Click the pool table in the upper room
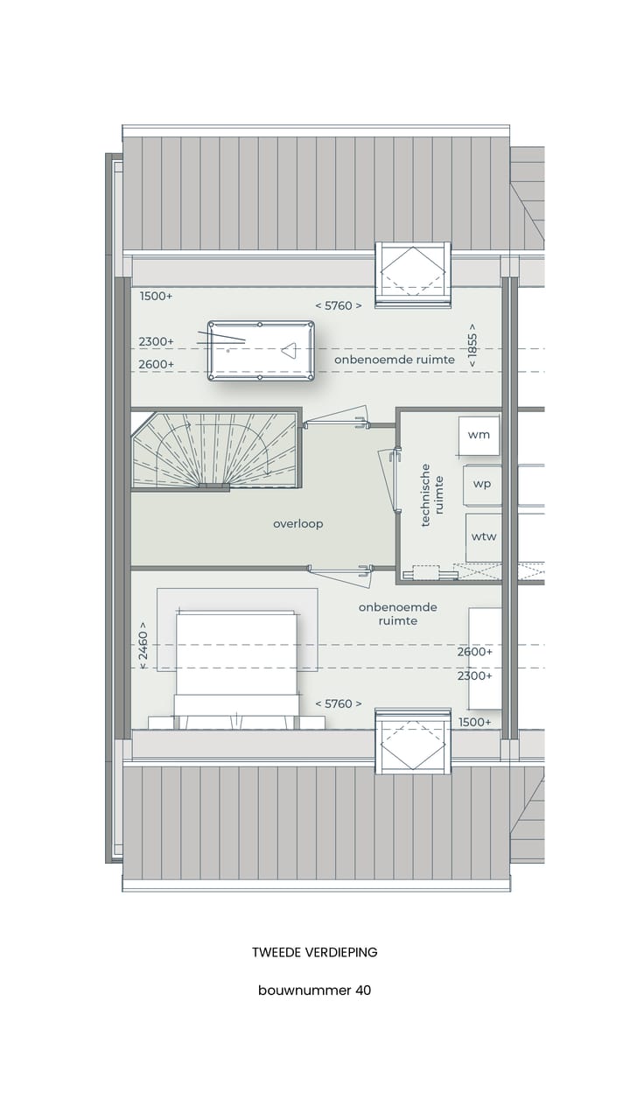pos(261,350)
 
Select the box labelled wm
pos(479,434)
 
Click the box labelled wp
pos(482,484)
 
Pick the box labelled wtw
pos(483,536)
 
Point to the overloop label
pos(297,524)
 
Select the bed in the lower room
pos(236,665)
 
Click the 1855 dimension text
pos(472,349)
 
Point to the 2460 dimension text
pos(143,647)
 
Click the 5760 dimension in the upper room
pos(338,305)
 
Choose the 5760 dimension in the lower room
pos(338,703)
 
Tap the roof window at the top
pos(411,275)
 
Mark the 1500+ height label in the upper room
pos(157,296)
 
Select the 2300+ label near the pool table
pos(157,341)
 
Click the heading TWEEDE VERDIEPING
pos(315,952)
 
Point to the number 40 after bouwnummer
pos(362,990)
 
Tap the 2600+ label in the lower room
pos(474,652)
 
